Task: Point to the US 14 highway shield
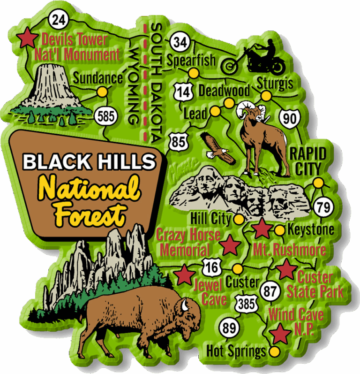coord(185,91)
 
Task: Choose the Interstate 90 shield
coord(290,118)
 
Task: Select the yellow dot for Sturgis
coord(266,96)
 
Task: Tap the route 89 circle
coord(229,328)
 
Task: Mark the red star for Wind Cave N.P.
coord(281,334)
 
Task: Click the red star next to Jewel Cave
coord(184,275)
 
